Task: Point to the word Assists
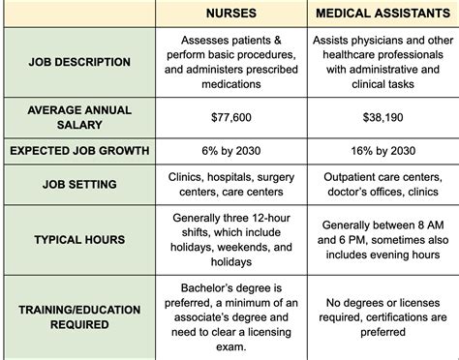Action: point(334,41)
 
